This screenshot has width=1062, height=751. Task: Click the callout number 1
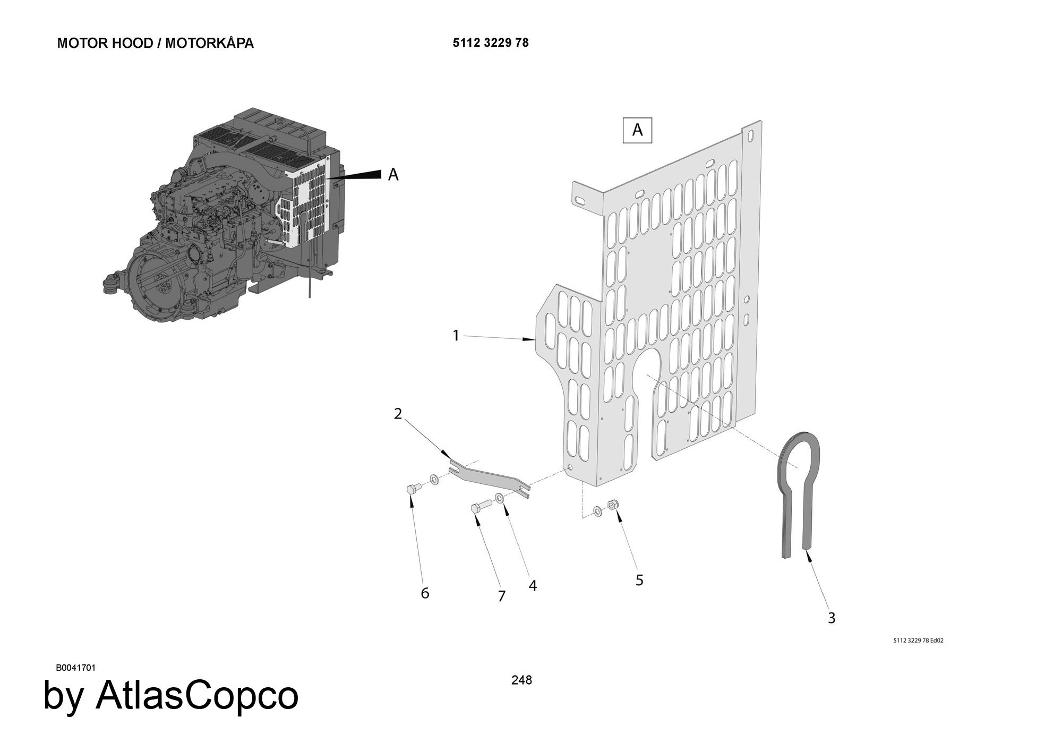pyautogui.click(x=456, y=336)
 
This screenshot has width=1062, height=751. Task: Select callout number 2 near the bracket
pyautogui.click(x=398, y=414)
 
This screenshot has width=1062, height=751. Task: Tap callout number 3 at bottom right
pyautogui.click(x=832, y=618)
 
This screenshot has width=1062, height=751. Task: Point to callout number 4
pyautogui.click(x=533, y=586)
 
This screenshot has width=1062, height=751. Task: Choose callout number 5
pyautogui.click(x=639, y=581)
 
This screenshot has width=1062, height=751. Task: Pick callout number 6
pyautogui.click(x=425, y=593)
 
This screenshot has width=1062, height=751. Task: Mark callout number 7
pyautogui.click(x=502, y=596)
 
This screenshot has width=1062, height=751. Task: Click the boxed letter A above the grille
pyautogui.click(x=637, y=130)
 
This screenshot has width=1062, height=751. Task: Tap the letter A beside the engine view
pyautogui.click(x=393, y=174)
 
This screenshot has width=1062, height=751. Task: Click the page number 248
pyautogui.click(x=521, y=680)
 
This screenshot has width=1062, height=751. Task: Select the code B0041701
pyautogui.click(x=76, y=668)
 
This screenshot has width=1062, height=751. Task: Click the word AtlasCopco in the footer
pyautogui.click(x=197, y=695)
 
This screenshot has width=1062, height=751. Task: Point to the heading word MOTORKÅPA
pyautogui.click(x=209, y=43)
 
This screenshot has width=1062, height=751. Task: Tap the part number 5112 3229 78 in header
pyautogui.click(x=491, y=43)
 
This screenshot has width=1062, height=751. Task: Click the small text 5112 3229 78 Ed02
pyautogui.click(x=919, y=641)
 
